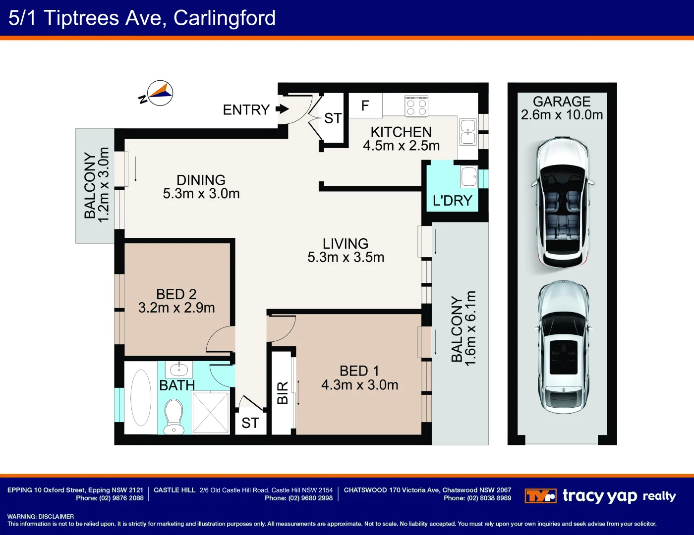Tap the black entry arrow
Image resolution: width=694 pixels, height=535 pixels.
point(282,109)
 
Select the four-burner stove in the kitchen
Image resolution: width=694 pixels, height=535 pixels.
point(416,107)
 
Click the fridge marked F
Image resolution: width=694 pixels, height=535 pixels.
point(365,106)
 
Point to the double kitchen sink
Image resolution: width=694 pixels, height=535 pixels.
point(468,132)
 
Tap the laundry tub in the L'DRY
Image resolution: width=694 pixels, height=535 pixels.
point(468,177)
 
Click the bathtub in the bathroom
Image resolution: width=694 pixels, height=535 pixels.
point(141,398)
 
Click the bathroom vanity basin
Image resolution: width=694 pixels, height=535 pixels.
point(178,369)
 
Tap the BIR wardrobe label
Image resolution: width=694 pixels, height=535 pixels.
point(282,393)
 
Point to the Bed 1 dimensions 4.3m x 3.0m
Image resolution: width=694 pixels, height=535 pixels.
point(359,385)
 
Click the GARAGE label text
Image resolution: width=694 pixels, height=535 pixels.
point(562,102)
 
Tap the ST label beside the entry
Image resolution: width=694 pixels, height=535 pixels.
point(333,118)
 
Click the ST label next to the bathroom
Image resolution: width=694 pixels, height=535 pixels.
point(250,423)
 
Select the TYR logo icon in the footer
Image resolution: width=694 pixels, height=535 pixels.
point(540,496)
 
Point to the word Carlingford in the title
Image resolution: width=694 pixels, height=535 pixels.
point(224,18)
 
